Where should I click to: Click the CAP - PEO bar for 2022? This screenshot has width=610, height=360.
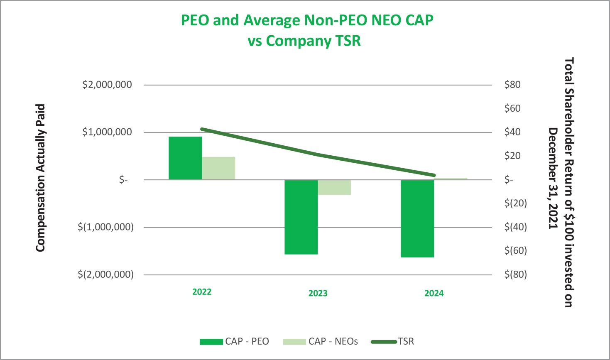tap(185, 158)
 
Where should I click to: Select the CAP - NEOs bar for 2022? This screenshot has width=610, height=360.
tap(218, 168)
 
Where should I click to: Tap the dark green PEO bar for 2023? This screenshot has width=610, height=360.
tap(301, 217)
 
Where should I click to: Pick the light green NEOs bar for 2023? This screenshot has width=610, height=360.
tap(334, 187)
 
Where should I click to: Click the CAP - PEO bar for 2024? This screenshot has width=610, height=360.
tap(417, 218)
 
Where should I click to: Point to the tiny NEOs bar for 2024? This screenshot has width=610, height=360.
tap(451, 179)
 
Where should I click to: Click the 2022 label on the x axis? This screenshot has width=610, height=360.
tap(202, 292)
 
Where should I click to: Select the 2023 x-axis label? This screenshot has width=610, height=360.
tap(318, 293)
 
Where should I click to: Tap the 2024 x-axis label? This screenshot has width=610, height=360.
tap(434, 293)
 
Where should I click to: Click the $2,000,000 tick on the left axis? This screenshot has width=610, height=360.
tap(107, 85)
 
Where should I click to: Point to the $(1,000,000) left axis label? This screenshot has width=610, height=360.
tap(106, 227)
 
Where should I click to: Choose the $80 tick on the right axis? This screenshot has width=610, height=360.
tap(512, 85)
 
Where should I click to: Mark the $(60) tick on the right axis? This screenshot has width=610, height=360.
tap(515, 250)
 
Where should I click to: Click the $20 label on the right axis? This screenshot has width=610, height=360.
tap(512, 156)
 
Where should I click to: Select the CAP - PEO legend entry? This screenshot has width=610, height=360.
tap(235, 341)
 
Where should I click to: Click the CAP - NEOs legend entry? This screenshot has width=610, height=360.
tap(321, 341)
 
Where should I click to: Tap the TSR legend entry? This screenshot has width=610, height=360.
tap(393, 341)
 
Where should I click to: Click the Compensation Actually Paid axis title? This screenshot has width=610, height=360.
tap(40, 178)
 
